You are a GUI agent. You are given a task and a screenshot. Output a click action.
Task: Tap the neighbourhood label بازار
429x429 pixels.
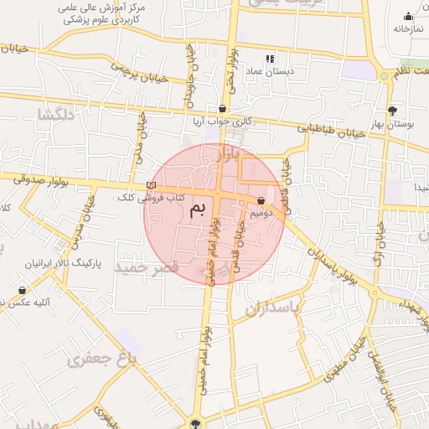227,155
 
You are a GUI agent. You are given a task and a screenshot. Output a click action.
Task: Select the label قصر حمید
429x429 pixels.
147,267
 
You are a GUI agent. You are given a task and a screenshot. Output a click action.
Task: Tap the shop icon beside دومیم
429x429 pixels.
262,201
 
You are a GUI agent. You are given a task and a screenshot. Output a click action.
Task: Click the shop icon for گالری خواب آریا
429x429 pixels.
221,108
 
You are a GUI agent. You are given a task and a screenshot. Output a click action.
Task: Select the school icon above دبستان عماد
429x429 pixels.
270,59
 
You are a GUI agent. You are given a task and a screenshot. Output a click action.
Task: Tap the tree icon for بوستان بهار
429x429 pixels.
392,111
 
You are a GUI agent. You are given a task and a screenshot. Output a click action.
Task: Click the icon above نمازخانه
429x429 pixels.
408,16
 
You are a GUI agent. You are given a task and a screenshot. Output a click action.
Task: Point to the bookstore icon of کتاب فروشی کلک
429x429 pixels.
151,185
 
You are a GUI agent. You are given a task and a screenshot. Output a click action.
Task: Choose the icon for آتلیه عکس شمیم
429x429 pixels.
22,290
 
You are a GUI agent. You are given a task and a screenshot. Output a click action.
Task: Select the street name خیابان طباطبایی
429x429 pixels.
333,128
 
